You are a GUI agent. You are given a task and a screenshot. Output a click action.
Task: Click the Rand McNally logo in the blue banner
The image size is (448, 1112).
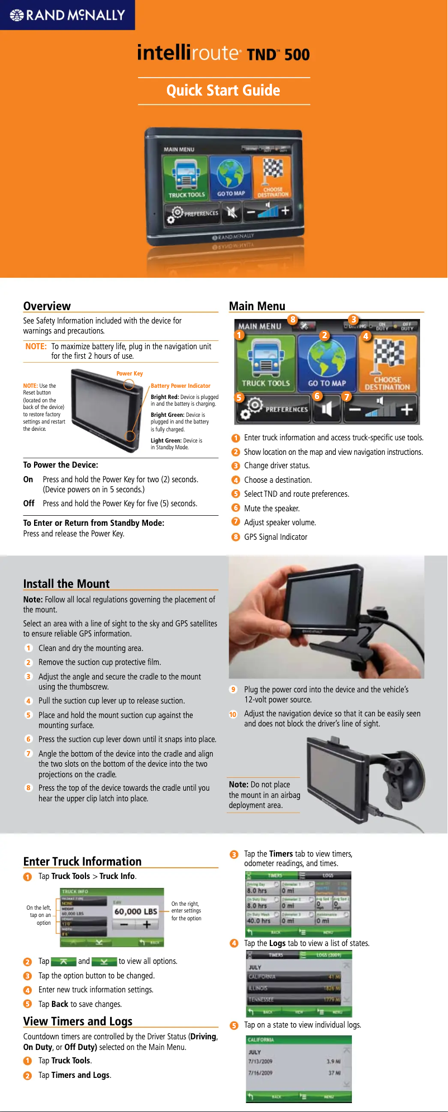68,15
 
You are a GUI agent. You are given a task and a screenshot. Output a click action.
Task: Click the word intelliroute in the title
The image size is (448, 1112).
188,53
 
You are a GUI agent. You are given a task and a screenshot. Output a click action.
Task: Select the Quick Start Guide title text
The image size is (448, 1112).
223,91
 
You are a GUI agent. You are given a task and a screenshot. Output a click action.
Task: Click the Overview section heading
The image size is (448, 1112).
47,306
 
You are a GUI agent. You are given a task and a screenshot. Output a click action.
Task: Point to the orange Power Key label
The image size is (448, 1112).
130,374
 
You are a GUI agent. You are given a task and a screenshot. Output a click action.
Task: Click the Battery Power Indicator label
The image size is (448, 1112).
180,386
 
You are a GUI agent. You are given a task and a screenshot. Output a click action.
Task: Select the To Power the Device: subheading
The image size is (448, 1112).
60,465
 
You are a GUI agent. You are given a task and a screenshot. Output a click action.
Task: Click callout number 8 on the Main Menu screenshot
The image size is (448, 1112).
292,320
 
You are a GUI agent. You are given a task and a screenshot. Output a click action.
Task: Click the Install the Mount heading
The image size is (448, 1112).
66,584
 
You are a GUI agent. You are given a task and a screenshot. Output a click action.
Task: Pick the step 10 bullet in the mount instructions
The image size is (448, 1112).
233,714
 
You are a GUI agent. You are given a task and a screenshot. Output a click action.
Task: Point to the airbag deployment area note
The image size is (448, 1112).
264,795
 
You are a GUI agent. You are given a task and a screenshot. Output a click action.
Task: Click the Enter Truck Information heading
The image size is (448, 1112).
82,862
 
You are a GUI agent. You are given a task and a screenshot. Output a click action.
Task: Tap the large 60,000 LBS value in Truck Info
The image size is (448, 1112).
136,911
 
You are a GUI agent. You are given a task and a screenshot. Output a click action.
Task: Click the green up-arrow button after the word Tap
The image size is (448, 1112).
64,962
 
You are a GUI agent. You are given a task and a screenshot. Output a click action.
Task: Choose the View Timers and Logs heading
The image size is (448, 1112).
78,1021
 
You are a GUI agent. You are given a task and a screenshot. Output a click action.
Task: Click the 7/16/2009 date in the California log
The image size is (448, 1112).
260,1073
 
